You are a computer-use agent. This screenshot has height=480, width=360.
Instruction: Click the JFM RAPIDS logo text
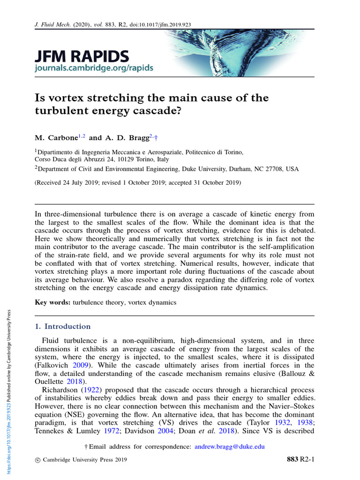tap(82, 57)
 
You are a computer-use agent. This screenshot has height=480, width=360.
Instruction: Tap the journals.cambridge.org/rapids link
tap(94, 68)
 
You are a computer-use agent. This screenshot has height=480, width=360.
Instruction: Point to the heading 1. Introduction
tap(63, 326)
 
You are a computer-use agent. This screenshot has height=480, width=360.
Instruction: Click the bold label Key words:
tap(52, 302)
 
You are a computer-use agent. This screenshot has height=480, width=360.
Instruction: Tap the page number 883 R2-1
tap(300, 459)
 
